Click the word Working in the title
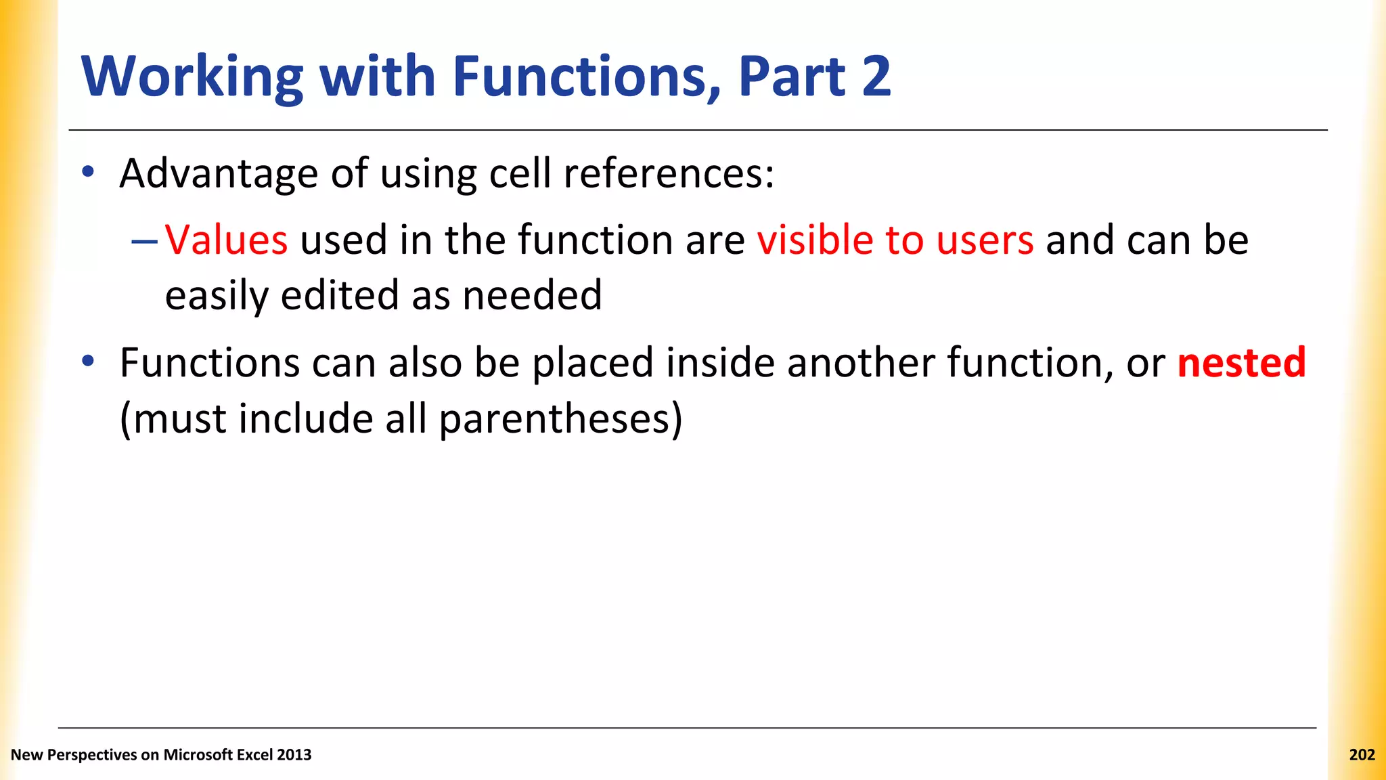point(192,77)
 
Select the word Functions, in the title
point(587,77)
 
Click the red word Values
point(226,240)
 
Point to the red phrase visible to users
point(895,240)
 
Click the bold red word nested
point(1241,362)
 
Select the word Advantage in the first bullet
point(218,173)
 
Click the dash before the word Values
point(145,241)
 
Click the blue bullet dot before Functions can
point(87,361)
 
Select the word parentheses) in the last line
point(560,418)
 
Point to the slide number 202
point(1362,755)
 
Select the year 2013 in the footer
point(294,755)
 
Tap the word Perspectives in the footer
point(92,755)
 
